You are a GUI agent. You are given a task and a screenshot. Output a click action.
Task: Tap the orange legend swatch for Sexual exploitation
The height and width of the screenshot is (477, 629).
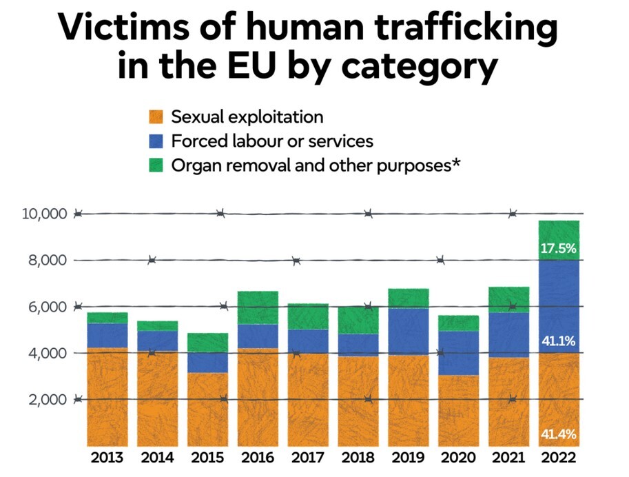pyautogui.click(x=156, y=116)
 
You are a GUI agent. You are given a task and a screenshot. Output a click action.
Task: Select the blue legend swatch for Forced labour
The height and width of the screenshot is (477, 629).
pyautogui.click(x=156, y=141)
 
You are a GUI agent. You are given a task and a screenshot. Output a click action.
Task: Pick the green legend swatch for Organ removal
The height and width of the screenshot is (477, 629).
pyautogui.click(x=156, y=165)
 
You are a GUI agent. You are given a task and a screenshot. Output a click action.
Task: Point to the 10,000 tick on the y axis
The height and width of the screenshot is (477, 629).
pyautogui.click(x=44, y=214)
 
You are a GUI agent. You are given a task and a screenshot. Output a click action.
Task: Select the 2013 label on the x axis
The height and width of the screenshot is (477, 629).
pyautogui.click(x=107, y=458)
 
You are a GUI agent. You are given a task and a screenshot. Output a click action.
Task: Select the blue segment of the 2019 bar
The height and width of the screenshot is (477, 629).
pyautogui.click(x=408, y=332)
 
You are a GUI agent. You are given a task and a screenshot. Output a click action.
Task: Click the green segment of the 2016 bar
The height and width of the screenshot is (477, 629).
pyautogui.click(x=258, y=307)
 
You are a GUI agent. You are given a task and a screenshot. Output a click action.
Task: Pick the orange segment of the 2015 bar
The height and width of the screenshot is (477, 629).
pyautogui.click(x=207, y=409)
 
